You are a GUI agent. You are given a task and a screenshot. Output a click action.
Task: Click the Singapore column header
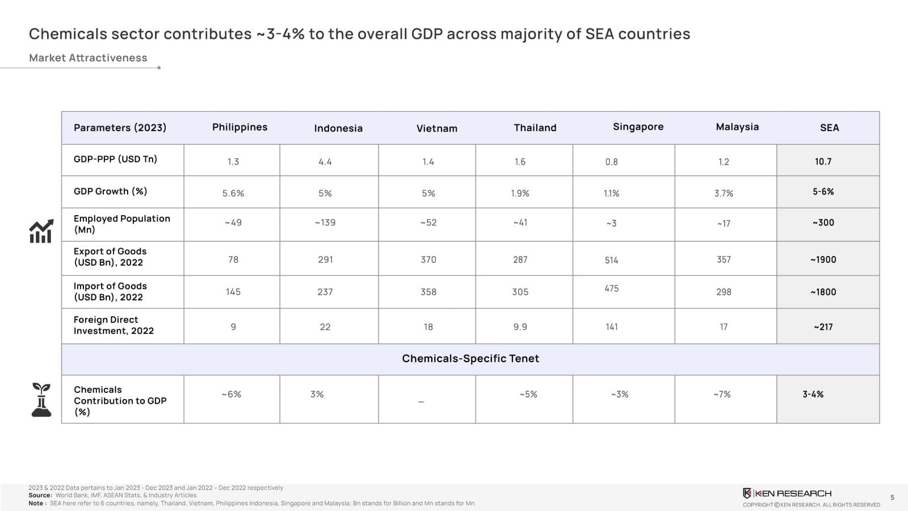click(x=638, y=127)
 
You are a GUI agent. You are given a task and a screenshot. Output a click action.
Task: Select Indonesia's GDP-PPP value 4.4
click(x=325, y=162)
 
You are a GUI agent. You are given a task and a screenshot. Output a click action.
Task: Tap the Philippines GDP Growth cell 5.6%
click(x=233, y=194)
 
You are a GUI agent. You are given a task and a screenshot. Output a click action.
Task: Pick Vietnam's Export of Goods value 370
click(x=428, y=259)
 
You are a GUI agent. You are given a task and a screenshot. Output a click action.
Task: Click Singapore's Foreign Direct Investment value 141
click(x=611, y=327)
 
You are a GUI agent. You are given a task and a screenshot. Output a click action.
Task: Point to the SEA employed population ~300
click(x=823, y=223)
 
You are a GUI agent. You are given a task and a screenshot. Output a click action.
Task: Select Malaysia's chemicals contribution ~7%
click(x=722, y=394)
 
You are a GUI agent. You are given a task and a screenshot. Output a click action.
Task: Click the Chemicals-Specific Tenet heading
click(x=470, y=358)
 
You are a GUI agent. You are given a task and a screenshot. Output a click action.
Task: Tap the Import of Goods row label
click(x=110, y=291)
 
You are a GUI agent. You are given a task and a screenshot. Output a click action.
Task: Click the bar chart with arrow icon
click(x=41, y=231)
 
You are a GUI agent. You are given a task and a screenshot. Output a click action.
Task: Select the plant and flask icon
click(x=41, y=399)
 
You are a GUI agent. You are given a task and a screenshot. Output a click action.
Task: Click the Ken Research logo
click(x=787, y=493)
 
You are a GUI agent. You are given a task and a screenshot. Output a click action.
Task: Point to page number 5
click(x=892, y=497)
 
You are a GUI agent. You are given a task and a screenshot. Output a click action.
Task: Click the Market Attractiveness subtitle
click(x=88, y=58)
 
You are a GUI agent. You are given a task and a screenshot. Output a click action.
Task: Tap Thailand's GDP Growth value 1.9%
click(x=520, y=194)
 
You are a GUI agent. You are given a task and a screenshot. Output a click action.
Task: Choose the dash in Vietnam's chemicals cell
click(x=421, y=402)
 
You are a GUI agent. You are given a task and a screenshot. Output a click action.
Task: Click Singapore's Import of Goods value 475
click(x=611, y=288)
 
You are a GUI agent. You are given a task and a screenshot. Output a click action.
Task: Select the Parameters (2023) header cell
click(x=120, y=128)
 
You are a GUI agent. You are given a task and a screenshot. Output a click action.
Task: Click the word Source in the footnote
click(x=40, y=495)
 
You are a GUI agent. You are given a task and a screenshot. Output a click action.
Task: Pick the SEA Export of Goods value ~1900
click(x=823, y=259)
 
